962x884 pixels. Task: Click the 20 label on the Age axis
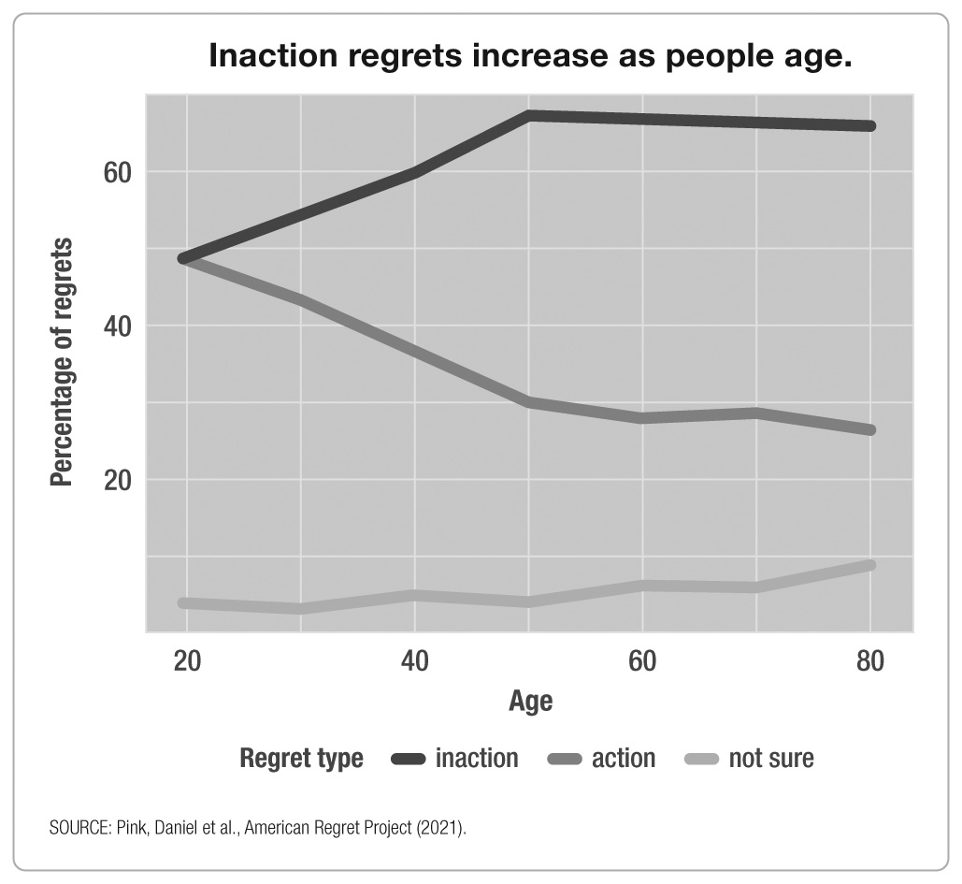pyautogui.click(x=186, y=661)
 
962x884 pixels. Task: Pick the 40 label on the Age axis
pyautogui.click(x=414, y=661)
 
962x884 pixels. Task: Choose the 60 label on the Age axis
pyautogui.click(x=642, y=661)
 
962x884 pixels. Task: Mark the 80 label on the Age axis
pyautogui.click(x=870, y=661)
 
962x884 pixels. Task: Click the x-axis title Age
pyautogui.click(x=530, y=702)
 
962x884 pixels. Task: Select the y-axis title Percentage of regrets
pyautogui.click(x=62, y=362)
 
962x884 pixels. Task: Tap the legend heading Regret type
pyautogui.click(x=301, y=758)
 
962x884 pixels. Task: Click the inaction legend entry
pyautogui.click(x=455, y=758)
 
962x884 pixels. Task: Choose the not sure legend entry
pyautogui.click(x=751, y=758)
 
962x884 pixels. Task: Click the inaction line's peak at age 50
pyautogui.click(x=528, y=116)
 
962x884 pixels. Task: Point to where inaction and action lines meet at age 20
pyautogui.click(x=186, y=258)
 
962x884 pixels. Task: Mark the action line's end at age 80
pyautogui.click(x=869, y=430)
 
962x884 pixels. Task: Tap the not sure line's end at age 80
pyautogui.click(x=869, y=565)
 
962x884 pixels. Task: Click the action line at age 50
pyautogui.click(x=528, y=402)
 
